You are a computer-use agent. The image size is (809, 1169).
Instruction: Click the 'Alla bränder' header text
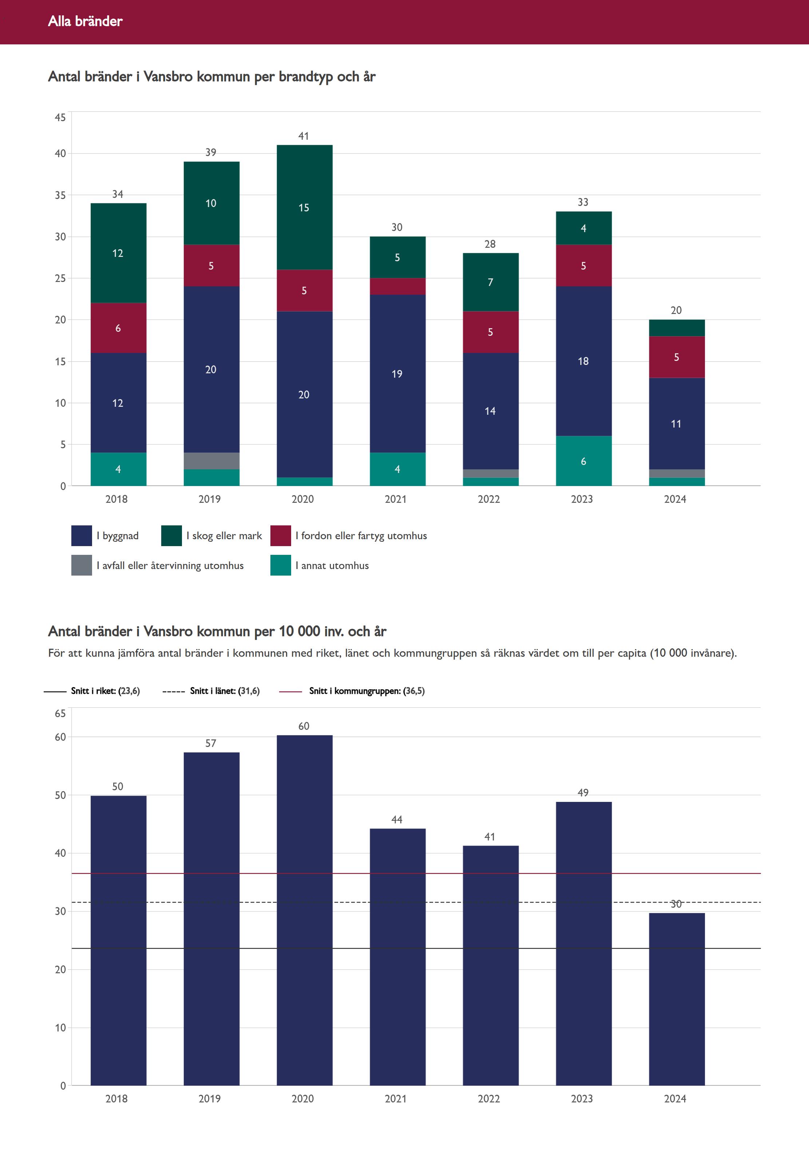pos(85,21)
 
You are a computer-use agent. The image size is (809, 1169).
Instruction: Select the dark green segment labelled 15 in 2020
pos(304,207)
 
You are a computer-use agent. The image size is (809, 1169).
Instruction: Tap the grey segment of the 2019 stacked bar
pos(211,461)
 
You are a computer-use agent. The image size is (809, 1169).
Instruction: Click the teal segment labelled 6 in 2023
pos(583,461)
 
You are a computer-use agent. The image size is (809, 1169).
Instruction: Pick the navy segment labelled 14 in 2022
pos(490,411)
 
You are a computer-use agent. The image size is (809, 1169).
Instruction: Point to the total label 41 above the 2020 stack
pos(304,136)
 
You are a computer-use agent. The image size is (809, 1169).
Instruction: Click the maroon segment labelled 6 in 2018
pos(118,328)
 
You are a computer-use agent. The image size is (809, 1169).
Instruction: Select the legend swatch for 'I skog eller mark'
pos(171,536)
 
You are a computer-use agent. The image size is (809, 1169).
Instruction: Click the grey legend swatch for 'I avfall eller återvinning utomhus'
pos(82,565)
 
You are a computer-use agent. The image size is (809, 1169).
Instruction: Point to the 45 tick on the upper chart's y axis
pos(60,118)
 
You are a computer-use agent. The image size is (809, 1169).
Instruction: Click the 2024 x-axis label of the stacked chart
pos(675,499)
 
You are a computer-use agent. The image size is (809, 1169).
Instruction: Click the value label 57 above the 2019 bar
pos(211,743)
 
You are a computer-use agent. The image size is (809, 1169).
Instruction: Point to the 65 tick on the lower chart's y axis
pos(60,713)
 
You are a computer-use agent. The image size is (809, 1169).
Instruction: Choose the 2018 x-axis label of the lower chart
pos(116,1098)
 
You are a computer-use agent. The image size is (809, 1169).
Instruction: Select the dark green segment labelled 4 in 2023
pos(583,228)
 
